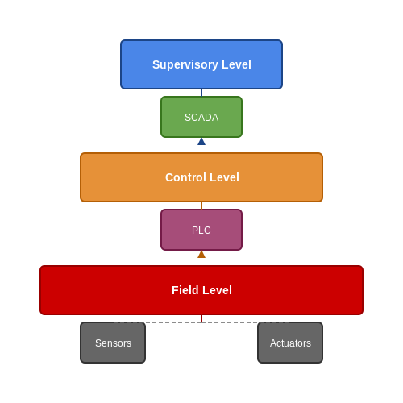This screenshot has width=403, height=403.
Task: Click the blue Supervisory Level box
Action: pos(201,64)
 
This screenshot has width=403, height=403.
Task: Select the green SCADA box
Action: pos(201,117)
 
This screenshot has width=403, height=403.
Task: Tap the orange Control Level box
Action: pos(201,177)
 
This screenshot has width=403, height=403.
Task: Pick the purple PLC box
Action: pos(201,230)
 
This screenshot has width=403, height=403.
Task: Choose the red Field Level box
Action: pos(201,290)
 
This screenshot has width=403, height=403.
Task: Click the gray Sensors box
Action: pos(113,343)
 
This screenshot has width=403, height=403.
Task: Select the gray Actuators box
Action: pos(290,343)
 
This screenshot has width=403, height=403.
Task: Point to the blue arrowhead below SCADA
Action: pos(201,142)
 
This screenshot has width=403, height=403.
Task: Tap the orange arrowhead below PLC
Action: pos(201,255)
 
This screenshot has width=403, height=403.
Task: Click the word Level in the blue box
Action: pos(236,64)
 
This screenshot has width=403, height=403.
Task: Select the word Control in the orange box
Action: pos(185,177)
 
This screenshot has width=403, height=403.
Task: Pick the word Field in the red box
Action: pos(184,290)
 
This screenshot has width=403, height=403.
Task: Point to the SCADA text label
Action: pos(201,118)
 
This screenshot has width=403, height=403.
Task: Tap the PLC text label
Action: pos(201,231)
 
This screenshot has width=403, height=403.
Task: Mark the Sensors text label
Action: pos(113,343)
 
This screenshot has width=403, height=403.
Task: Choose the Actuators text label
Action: pos(290,343)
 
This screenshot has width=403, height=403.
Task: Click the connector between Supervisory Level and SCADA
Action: pos(201,93)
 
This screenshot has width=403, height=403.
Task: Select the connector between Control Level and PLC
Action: pos(201,206)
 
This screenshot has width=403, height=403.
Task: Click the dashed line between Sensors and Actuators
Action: pos(201,322)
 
